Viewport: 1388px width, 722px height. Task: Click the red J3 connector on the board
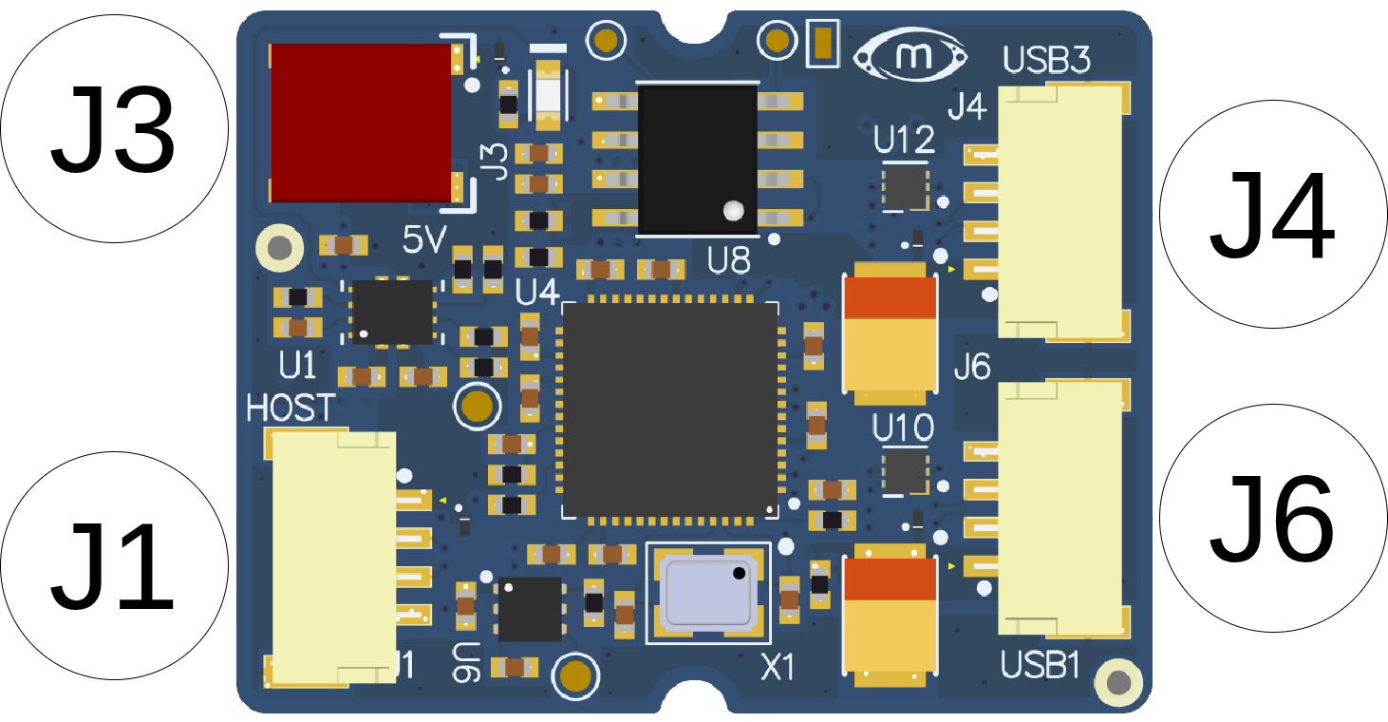pos(362,123)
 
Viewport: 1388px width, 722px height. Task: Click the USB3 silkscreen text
pos(1046,60)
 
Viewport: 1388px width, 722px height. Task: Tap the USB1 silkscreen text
pos(1041,665)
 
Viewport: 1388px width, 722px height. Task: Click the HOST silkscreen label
pos(291,408)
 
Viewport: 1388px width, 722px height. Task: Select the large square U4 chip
pos(670,410)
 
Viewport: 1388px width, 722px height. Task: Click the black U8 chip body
pos(698,160)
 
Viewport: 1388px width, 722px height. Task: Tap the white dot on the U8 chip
pos(734,211)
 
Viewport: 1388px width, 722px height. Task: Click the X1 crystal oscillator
pos(708,594)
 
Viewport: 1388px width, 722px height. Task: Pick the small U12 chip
pos(906,188)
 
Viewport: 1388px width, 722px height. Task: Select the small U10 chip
pos(906,471)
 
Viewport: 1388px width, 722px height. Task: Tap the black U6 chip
pos(531,610)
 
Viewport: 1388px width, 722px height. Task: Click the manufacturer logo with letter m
pos(910,56)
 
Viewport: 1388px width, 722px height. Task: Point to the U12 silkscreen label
pos(904,140)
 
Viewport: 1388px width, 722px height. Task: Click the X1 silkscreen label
pos(778,668)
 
